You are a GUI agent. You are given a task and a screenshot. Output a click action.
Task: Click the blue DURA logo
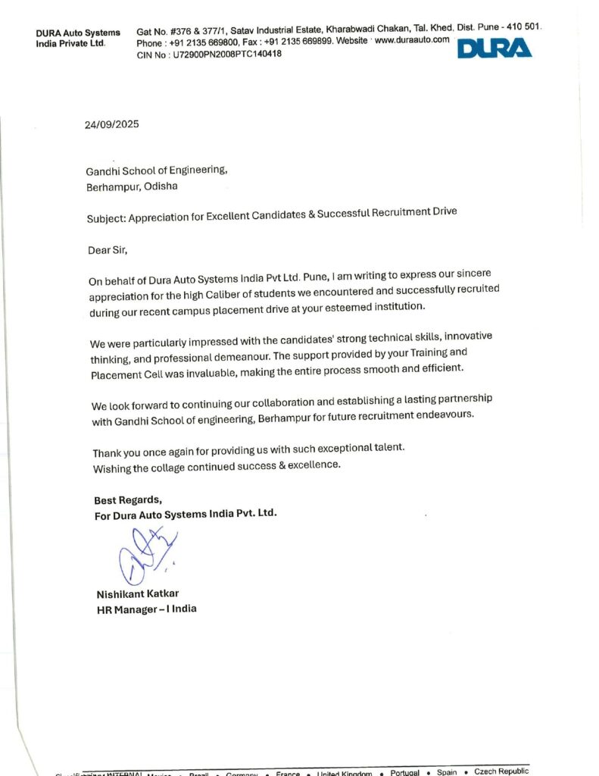point(494,48)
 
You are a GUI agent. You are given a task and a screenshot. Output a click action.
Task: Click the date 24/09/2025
point(111,124)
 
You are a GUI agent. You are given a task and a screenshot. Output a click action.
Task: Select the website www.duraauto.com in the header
point(412,39)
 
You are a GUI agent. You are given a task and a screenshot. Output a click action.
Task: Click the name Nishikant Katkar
point(137,593)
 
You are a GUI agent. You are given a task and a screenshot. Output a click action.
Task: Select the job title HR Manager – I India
point(146,609)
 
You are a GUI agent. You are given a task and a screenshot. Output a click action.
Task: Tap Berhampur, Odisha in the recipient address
point(133,186)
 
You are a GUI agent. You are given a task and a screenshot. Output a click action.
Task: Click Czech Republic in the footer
point(501,771)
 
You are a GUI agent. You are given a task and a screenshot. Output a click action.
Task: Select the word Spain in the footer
point(447,772)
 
